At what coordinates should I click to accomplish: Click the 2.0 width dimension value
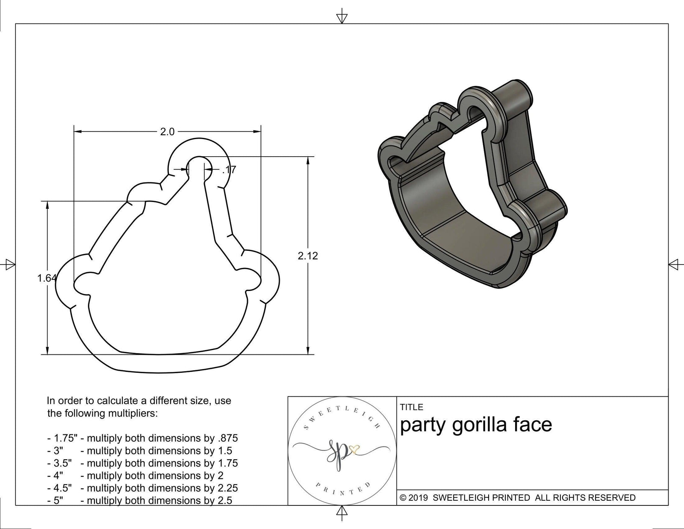167,132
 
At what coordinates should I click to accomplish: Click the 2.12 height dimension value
308,256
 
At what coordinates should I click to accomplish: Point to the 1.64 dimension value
46,278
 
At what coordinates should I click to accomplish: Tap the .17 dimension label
229,170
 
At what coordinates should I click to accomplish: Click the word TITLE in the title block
411,407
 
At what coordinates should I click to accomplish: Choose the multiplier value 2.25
227,488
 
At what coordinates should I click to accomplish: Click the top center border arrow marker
342,17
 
